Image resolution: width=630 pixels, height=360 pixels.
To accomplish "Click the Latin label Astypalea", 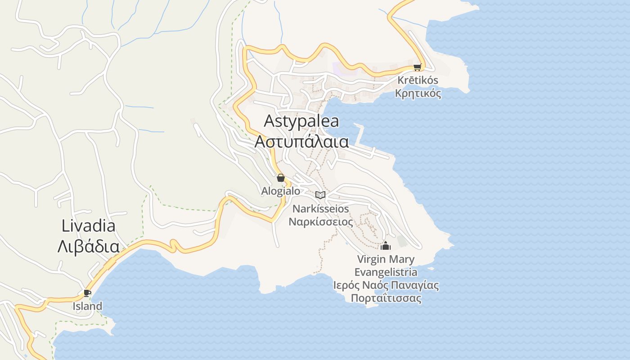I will pyautogui.click(x=301, y=121).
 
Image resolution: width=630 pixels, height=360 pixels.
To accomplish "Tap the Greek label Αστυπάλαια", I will pyautogui.click(x=301, y=141).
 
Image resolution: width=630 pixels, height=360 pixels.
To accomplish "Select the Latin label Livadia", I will pyautogui.click(x=88, y=226).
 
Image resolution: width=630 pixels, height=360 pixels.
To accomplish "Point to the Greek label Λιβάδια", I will pyautogui.click(x=88, y=247).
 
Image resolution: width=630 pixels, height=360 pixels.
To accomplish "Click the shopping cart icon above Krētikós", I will pyautogui.click(x=417, y=67).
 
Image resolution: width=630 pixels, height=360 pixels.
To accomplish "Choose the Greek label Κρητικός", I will pyautogui.click(x=418, y=94).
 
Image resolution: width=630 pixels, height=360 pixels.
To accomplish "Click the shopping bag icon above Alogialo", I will pyautogui.click(x=281, y=178).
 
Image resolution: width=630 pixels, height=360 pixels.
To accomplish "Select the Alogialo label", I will pyautogui.click(x=281, y=191).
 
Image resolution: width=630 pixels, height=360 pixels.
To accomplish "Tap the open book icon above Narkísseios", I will pyautogui.click(x=320, y=195).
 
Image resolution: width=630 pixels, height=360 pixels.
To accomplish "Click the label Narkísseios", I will pyautogui.click(x=320, y=209).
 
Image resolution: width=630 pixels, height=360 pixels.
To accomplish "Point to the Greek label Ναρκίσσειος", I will pyautogui.click(x=320, y=222).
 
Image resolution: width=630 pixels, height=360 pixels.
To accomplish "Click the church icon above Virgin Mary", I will pyautogui.click(x=386, y=246).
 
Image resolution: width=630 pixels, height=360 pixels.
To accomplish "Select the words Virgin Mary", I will pyautogui.click(x=386, y=259).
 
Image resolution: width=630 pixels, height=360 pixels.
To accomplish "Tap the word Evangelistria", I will pyautogui.click(x=386, y=272).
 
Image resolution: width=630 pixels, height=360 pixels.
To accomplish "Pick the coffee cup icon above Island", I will pyautogui.click(x=87, y=293).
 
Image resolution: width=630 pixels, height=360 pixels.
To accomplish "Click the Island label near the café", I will pyautogui.click(x=87, y=306).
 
